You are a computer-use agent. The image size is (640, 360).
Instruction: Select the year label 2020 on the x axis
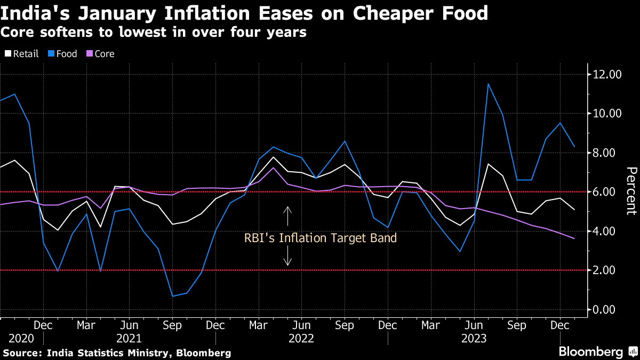21,339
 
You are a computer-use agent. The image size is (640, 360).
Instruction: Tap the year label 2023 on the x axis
474,339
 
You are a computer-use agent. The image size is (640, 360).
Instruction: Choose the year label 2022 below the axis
301,339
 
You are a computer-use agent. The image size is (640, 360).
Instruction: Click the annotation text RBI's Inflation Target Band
321,238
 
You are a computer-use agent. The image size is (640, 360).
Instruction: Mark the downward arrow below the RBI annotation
288,258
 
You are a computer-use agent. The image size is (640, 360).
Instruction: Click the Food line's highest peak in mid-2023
488,84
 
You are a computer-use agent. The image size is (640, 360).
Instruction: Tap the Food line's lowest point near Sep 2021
172,296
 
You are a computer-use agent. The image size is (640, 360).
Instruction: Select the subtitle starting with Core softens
154,32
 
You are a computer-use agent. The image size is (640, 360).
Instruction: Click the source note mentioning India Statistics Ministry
117,353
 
